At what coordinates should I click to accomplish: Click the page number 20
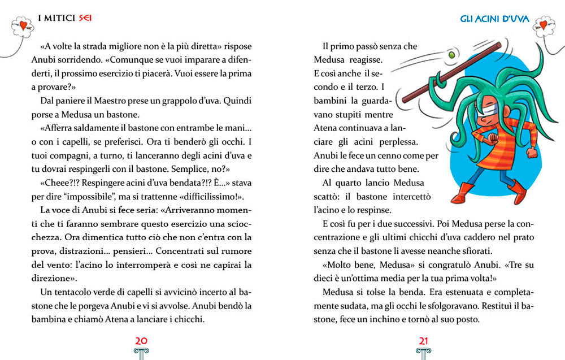point(141,340)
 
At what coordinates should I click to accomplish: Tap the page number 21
point(423,340)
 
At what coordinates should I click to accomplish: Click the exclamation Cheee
point(59,183)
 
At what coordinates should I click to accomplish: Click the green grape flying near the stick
point(451,55)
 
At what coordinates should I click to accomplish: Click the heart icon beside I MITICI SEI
point(22,25)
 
